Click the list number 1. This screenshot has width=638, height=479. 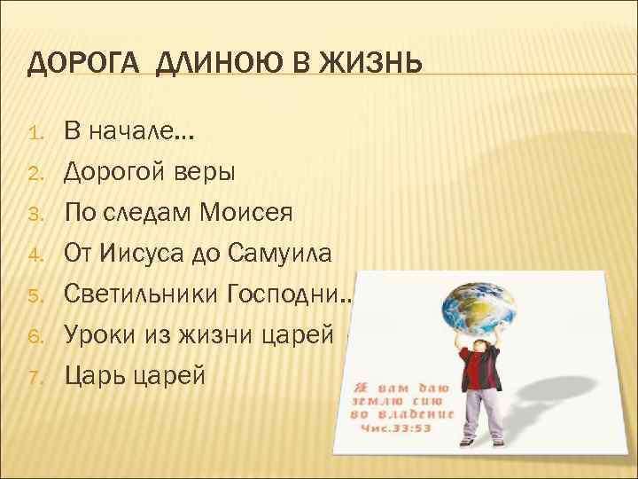[x=36, y=136]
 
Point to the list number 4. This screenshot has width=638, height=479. [x=36, y=255]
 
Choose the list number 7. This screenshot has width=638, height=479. [x=36, y=376]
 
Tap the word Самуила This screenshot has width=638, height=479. [x=281, y=255]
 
